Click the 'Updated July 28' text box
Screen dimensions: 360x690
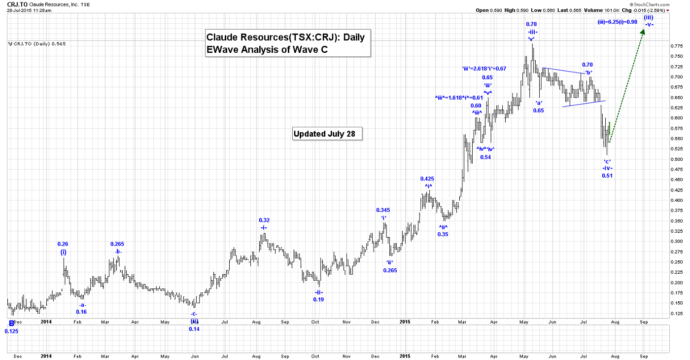pyautogui.click(x=327, y=134)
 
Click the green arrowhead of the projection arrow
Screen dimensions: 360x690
pyautogui.click(x=644, y=31)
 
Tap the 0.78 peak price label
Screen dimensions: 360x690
pyautogui.click(x=531, y=24)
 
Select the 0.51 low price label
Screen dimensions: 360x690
pyautogui.click(x=607, y=176)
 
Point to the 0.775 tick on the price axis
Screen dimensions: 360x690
pyautogui.click(x=676, y=46)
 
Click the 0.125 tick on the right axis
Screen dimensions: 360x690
pyautogui.click(x=676, y=314)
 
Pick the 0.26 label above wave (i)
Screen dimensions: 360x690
pyautogui.click(x=63, y=244)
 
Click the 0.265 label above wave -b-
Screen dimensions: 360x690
pyautogui.click(x=117, y=244)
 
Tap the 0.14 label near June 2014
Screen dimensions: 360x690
pyautogui.click(x=194, y=329)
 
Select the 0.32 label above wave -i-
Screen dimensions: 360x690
pyautogui.click(x=264, y=220)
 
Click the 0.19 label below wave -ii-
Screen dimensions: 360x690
pyautogui.click(x=318, y=299)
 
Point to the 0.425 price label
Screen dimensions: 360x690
pyautogui.click(x=427, y=179)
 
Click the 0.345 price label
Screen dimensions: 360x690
pyautogui.click(x=383, y=210)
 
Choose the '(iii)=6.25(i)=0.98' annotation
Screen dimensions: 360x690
pyautogui.click(x=617, y=22)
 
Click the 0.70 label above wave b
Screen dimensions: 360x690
pyautogui.click(x=587, y=65)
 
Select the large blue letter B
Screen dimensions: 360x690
pyautogui.click(x=11, y=324)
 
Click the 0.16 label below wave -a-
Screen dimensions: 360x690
pyautogui.click(x=81, y=312)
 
